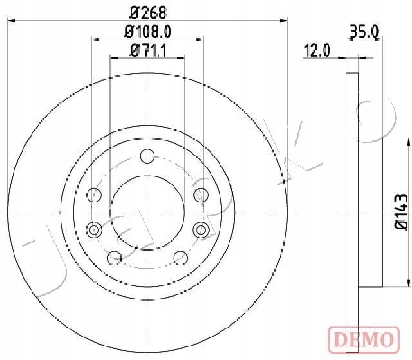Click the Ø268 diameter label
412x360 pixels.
[148, 13]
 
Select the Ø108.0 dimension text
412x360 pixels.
[148, 32]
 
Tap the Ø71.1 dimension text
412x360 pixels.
[149, 50]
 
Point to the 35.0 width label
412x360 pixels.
[364, 32]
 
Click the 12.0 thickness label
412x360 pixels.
[317, 50]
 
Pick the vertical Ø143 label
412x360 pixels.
[401, 212]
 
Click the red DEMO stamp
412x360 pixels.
[364, 339]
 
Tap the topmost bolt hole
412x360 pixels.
[147, 156]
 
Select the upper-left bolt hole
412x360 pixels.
[94, 195]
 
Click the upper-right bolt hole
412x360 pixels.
[201, 195]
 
